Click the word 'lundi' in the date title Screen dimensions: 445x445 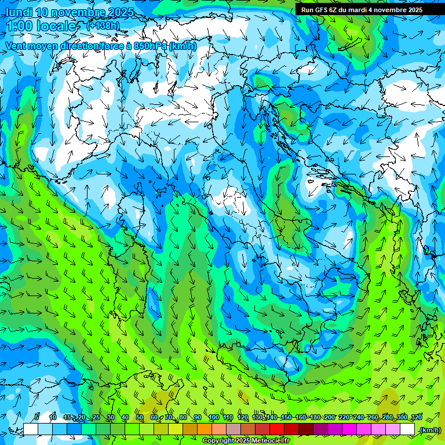coord(19,12)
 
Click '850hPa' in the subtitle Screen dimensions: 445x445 coord(148,46)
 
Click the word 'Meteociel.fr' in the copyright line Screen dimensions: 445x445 coord(269,441)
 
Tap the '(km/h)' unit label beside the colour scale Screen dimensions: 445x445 coord(430,430)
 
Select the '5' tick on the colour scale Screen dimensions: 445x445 coord(37,417)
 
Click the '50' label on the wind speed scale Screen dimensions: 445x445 coord(140,417)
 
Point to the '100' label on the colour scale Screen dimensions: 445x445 coord(213,417)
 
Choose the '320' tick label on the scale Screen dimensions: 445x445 coord(416,417)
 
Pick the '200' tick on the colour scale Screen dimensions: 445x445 coord(329,417)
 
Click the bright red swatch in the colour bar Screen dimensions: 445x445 coord(277,429)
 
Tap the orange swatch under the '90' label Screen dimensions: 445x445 coord(205,429)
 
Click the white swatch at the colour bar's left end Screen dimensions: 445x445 coord(31,429)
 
